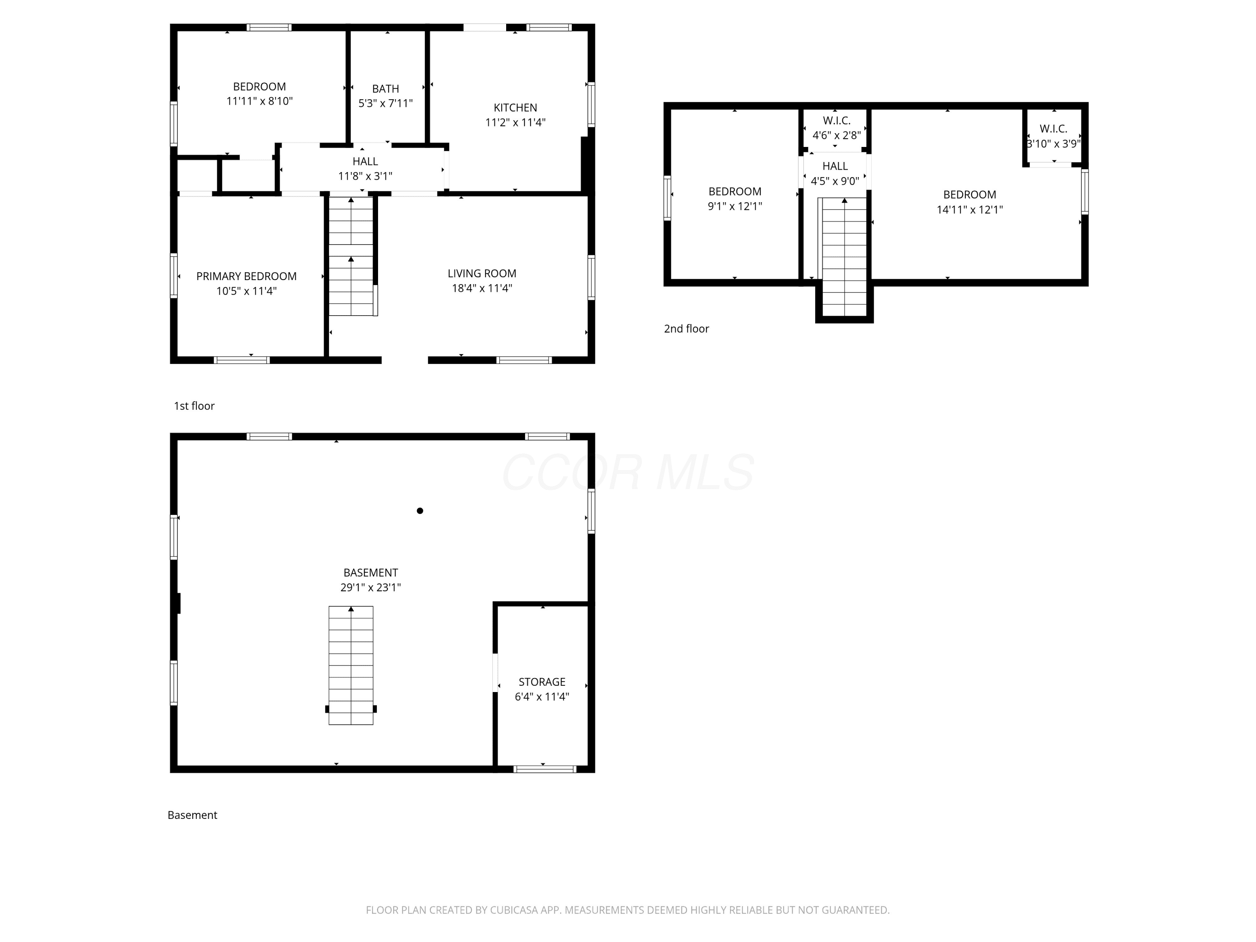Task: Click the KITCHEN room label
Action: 515,107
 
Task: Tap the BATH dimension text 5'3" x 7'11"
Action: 386,103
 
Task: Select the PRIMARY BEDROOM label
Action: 247,276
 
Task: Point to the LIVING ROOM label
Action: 481,273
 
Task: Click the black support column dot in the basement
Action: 420,510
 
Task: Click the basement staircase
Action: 351,665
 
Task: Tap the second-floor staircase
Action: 844,256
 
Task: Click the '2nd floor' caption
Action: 687,328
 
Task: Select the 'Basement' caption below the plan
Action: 193,815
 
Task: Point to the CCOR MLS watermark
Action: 628,472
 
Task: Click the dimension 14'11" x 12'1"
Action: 970,209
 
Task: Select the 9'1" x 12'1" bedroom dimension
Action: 735,206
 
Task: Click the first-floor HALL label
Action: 365,161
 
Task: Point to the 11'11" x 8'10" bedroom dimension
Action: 260,101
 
